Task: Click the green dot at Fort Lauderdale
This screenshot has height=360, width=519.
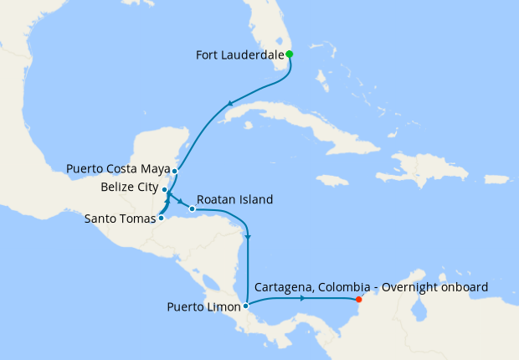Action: (x=290, y=54)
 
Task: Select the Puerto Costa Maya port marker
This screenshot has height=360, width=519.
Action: (x=174, y=172)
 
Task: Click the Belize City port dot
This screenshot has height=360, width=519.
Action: (x=167, y=190)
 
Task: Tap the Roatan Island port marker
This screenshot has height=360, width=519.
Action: (x=193, y=208)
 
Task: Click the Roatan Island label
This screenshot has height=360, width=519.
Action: (x=234, y=200)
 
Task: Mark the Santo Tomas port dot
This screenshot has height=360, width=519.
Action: (x=161, y=219)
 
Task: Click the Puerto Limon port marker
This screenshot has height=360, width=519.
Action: (x=245, y=306)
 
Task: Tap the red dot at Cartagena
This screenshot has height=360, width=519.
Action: (x=358, y=299)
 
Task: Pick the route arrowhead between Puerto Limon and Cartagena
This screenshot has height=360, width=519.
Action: (x=301, y=298)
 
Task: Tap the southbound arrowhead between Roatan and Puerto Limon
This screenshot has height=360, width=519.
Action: (x=249, y=239)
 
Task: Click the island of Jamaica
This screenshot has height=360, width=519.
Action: (x=332, y=180)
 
